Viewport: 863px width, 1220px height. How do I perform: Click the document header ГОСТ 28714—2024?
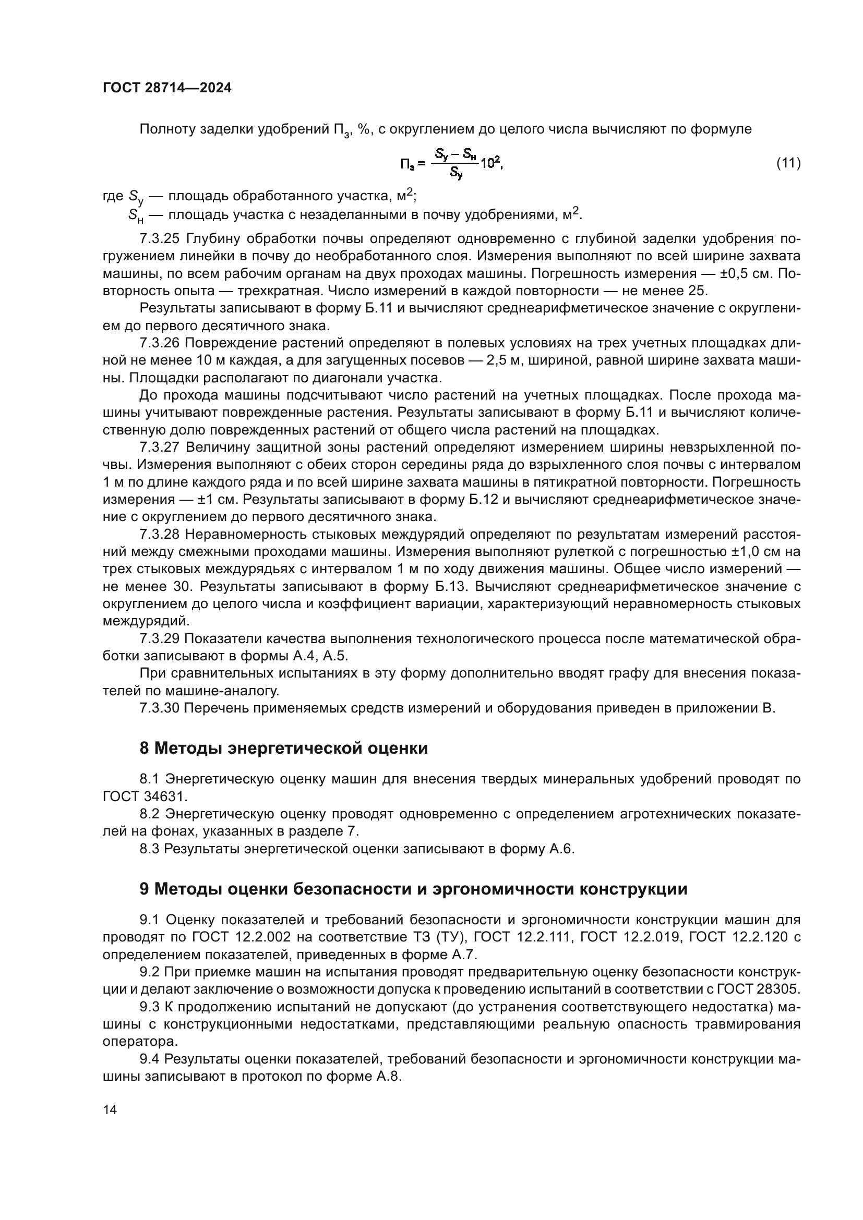coord(167,88)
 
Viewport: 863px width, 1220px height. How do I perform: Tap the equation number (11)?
coord(788,163)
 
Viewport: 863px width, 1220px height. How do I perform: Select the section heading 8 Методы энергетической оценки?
coord(283,748)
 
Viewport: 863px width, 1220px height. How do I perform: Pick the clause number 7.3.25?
coord(160,238)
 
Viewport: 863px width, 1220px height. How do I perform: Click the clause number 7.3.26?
coord(160,343)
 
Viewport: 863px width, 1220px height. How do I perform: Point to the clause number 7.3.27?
coord(160,448)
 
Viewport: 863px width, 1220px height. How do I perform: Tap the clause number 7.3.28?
coord(160,534)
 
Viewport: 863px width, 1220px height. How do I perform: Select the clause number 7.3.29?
coord(160,639)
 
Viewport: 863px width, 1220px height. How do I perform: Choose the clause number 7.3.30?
coord(160,708)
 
